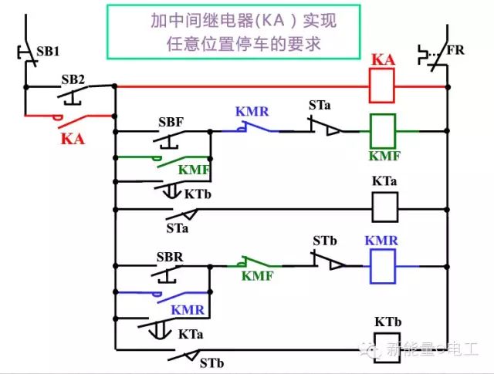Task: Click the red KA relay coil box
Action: (x=381, y=86)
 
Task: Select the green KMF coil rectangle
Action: (x=383, y=131)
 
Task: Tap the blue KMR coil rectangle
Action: (x=383, y=266)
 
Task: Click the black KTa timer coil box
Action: (x=385, y=207)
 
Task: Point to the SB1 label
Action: (x=48, y=52)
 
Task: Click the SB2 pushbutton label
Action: (x=73, y=79)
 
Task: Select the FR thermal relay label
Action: (x=455, y=50)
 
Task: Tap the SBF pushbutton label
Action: (x=171, y=122)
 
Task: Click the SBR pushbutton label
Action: (x=170, y=258)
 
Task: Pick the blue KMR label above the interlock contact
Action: (x=252, y=112)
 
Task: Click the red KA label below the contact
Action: (x=73, y=139)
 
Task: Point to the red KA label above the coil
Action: (x=383, y=59)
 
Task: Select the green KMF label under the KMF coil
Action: (x=384, y=156)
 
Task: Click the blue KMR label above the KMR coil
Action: (x=381, y=241)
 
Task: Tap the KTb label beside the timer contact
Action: (x=198, y=194)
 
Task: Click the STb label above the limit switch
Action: (x=325, y=241)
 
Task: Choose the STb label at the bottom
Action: (x=211, y=363)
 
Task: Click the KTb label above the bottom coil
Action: (x=387, y=322)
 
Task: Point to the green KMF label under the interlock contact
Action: (x=257, y=276)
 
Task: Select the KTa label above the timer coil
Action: (x=384, y=181)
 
